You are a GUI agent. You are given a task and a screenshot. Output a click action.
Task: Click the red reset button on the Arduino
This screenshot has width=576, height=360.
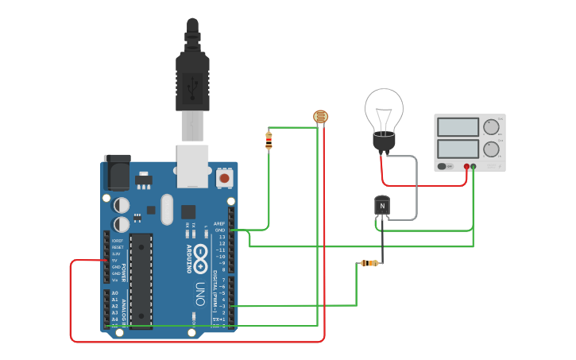pos(224,179)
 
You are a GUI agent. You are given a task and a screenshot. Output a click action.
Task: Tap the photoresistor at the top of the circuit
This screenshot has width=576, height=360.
pos(321,117)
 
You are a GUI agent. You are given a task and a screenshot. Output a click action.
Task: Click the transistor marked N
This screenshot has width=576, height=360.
pos(382,206)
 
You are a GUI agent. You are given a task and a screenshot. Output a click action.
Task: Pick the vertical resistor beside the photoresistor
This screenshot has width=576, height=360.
pos(269,141)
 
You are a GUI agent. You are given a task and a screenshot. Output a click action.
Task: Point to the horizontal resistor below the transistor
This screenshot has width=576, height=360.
pos(369,263)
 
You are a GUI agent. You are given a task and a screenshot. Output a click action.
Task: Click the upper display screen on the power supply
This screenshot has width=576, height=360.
pos(458,127)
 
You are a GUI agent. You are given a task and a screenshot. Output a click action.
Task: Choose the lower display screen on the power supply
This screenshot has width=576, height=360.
pos(458,149)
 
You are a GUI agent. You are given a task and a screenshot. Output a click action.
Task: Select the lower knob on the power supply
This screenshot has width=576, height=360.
pos(492,149)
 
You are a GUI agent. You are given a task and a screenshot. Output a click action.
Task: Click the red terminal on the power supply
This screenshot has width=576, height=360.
pos(466,167)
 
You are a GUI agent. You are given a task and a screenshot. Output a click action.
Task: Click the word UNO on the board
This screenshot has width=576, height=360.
pos(200,295)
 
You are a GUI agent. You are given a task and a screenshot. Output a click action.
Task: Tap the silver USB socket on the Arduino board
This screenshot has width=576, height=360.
pos(193,166)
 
